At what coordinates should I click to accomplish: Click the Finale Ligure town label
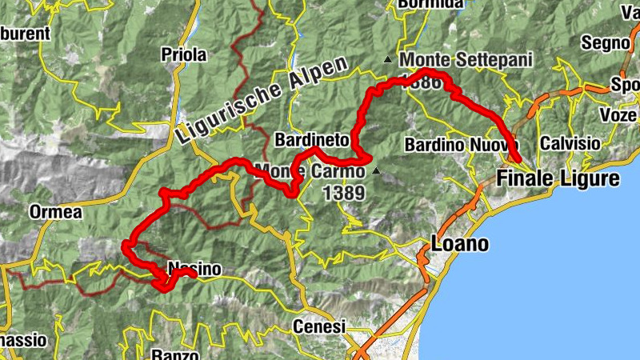click(x=558, y=178)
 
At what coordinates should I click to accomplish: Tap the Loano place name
click(x=459, y=243)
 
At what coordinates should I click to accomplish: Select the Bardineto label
click(x=312, y=140)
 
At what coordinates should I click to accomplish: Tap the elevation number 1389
click(x=345, y=193)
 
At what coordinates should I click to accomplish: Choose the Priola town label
click(x=183, y=55)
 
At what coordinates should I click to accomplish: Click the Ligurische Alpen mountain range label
click(x=264, y=100)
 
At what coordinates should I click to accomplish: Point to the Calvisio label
click(x=570, y=143)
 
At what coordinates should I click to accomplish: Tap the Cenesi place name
click(x=318, y=326)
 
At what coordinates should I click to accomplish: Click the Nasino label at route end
click(x=195, y=269)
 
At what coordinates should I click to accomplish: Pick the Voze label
click(x=618, y=115)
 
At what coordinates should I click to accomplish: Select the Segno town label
click(x=605, y=42)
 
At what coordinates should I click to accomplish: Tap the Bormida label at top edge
click(x=430, y=4)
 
